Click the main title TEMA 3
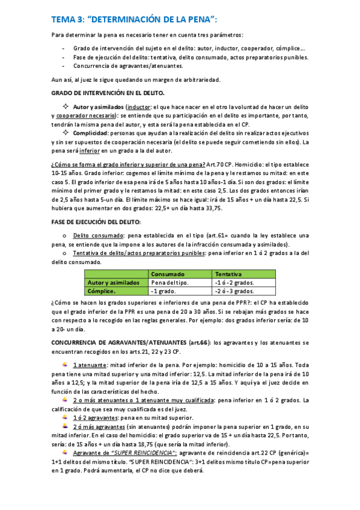pos(126,19)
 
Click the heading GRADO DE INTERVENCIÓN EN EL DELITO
pos(108,93)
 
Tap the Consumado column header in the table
pos(168,274)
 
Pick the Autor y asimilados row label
pos(114,282)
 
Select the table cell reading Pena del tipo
pos(170,282)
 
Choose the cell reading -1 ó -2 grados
pos(234,282)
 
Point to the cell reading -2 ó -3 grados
pos(234,290)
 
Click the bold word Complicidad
pos(91,133)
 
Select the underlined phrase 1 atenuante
pos(90,365)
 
